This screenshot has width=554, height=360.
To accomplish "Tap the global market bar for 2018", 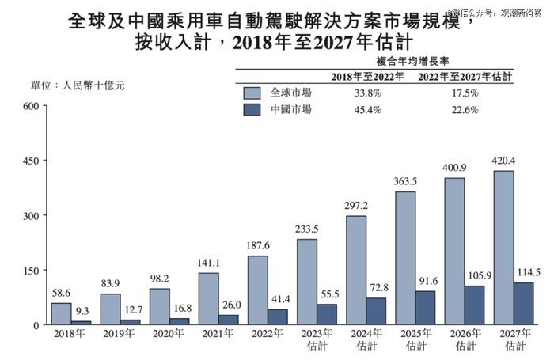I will point(62,313).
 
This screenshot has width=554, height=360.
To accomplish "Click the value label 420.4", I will point(503,162).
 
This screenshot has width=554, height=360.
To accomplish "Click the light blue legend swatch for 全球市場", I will point(253,93).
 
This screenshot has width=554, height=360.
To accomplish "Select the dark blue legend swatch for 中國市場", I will point(253,110).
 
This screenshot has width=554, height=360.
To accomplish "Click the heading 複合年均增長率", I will point(415,59).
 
